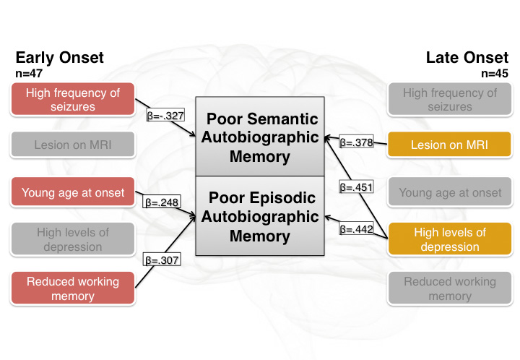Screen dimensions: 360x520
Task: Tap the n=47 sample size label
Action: coord(28,74)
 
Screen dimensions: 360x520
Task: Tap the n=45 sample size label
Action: coord(495,74)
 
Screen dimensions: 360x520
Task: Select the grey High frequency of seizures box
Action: coord(449,100)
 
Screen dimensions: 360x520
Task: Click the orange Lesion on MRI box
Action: coord(449,145)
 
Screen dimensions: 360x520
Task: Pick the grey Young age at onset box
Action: coord(449,192)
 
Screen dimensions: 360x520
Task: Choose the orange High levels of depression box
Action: coord(449,239)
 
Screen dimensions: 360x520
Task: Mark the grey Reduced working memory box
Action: coord(449,288)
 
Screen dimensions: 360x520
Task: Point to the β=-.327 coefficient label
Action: coord(165,115)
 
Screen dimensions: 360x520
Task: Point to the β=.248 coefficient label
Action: coord(162,202)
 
